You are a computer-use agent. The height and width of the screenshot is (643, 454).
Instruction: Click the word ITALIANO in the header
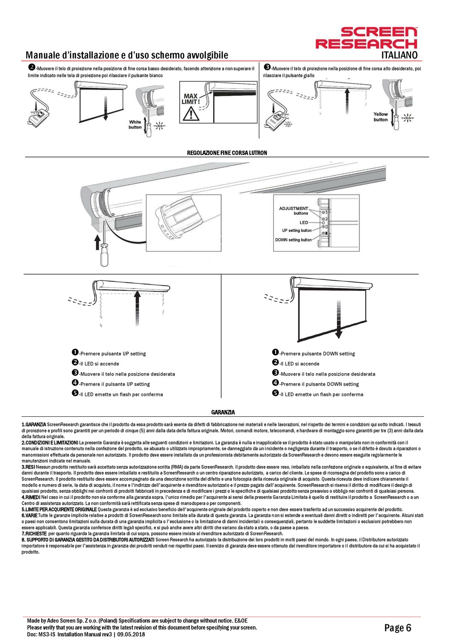pos(399,55)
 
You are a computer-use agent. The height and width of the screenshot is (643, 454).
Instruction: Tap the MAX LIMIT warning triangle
pos(191,113)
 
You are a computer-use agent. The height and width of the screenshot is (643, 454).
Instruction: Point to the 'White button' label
pos(135,124)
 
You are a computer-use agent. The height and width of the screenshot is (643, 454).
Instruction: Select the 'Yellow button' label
pos(380,117)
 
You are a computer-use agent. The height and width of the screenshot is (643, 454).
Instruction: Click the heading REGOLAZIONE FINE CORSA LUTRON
pos(227,153)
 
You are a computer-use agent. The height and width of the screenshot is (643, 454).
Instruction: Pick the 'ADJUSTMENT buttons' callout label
pos(293,211)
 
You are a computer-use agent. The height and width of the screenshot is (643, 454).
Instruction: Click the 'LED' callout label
pos(304,222)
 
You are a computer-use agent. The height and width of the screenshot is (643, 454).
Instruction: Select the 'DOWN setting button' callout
pos(293,240)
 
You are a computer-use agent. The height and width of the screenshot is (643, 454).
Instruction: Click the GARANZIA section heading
pos(223,412)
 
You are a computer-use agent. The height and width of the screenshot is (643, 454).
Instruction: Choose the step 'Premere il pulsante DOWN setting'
pos(319,384)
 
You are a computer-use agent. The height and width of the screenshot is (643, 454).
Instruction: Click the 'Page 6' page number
pos(398,628)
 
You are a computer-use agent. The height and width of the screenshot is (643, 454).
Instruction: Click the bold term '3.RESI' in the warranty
pos(28,466)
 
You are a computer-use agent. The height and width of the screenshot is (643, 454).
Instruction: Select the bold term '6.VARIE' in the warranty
pos(30,515)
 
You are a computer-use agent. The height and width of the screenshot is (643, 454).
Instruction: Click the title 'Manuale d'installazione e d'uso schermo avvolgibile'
pos(127,55)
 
